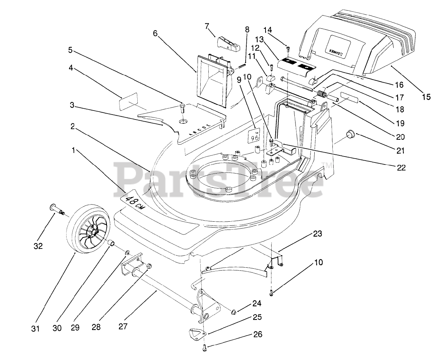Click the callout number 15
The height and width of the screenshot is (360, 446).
pyautogui.click(x=426, y=97)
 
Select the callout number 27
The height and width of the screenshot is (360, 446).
pyautogui.click(x=123, y=327)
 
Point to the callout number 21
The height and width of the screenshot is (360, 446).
pyautogui.click(x=400, y=151)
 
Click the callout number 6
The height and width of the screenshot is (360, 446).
pyautogui.click(x=155, y=33)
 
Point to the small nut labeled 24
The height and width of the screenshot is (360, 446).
pyautogui.click(x=235, y=311)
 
